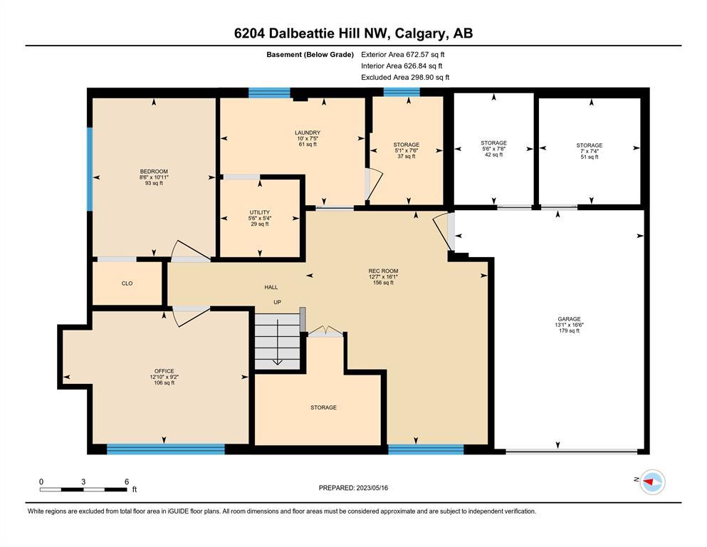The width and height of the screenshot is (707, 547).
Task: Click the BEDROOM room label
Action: (x=154, y=172)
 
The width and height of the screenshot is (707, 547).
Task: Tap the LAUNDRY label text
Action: (x=308, y=132)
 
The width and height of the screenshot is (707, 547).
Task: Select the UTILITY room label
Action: (x=260, y=212)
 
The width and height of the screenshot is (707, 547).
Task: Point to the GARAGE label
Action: (x=569, y=319)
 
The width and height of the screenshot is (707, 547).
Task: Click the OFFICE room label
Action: (x=164, y=371)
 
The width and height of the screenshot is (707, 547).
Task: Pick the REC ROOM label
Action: (x=383, y=271)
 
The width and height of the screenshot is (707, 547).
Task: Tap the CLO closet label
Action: (x=127, y=283)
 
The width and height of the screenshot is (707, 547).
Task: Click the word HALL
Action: (x=271, y=287)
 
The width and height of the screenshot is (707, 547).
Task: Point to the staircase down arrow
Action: (x=277, y=343)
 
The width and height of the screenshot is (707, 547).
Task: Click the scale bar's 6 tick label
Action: (x=127, y=481)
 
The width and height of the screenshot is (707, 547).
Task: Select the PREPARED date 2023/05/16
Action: (x=372, y=488)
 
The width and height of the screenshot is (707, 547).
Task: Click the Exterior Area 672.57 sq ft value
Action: (x=426, y=55)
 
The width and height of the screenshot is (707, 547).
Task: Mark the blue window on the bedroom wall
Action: (x=90, y=169)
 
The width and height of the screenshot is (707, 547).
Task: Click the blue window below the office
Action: (x=165, y=449)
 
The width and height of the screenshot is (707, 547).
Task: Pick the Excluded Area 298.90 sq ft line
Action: (x=405, y=77)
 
